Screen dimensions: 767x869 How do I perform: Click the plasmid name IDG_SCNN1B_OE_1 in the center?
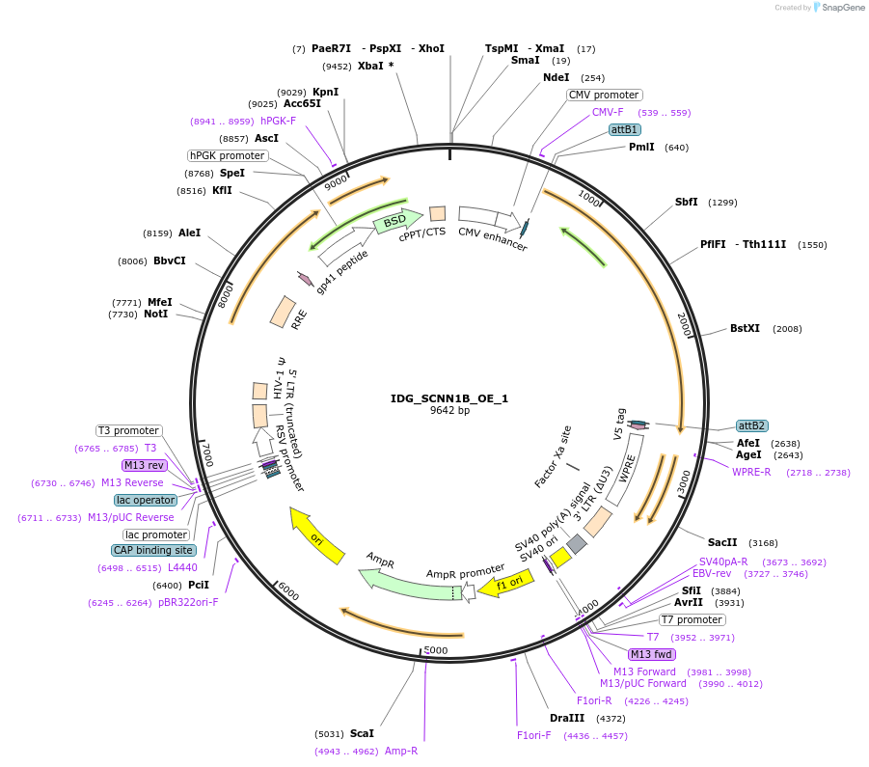click(x=449, y=397)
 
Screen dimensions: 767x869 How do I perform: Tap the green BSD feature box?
click(x=395, y=222)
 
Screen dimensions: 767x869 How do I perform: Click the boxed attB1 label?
click(x=624, y=129)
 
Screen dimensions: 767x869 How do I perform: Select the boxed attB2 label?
click(x=751, y=425)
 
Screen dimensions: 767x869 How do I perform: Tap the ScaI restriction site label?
click(x=362, y=733)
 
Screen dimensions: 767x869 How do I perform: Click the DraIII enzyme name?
click(x=567, y=718)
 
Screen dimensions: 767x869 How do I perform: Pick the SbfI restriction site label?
click(x=687, y=203)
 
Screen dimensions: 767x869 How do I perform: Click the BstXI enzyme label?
click(x=745, y=328)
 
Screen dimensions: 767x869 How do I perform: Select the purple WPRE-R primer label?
click(x=751, y=472)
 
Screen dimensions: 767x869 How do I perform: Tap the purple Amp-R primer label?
click(x=401, y=751)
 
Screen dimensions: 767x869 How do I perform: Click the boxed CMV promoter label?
click(x=604, y=95)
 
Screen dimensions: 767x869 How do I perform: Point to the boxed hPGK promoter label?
click(x=227, y=155)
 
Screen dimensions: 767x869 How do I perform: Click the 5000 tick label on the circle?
click(x=436, y=650)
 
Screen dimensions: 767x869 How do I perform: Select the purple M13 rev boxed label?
click(x=144, y=465)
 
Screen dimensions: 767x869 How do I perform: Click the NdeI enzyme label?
click(x=557, y=77)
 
